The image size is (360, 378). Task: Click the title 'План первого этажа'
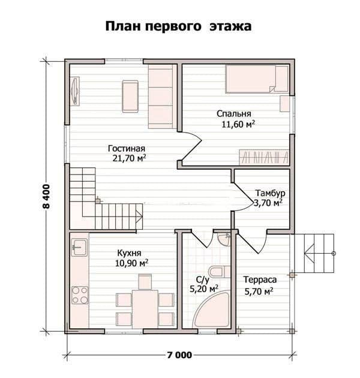[x=178, y=26]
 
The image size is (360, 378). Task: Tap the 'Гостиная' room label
[x=127, y=149]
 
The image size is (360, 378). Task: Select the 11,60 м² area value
[x=238, y=124]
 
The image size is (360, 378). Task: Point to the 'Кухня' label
[x=129, y=253]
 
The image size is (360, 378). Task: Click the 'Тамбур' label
[x=271, y=193]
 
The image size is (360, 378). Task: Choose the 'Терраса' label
[x=260, y=280]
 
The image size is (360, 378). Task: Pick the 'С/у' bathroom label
[x=203, y=280]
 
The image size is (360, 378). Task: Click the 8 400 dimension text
[x=46, y=196]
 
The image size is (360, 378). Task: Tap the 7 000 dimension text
[x=179, y=355]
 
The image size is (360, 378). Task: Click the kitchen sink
[x=79, y=247]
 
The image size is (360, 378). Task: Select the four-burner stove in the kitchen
[x=80, y=295]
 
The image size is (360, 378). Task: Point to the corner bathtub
[x=212, y=309]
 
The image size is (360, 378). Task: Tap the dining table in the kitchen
[x=145, y=309]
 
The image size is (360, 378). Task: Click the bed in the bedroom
[x=257, y=79]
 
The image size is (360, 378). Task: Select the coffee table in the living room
[x=130, y=97]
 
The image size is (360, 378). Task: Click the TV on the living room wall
[x=75, y=91]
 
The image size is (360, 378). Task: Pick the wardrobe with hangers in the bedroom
[x=264, y=157]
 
